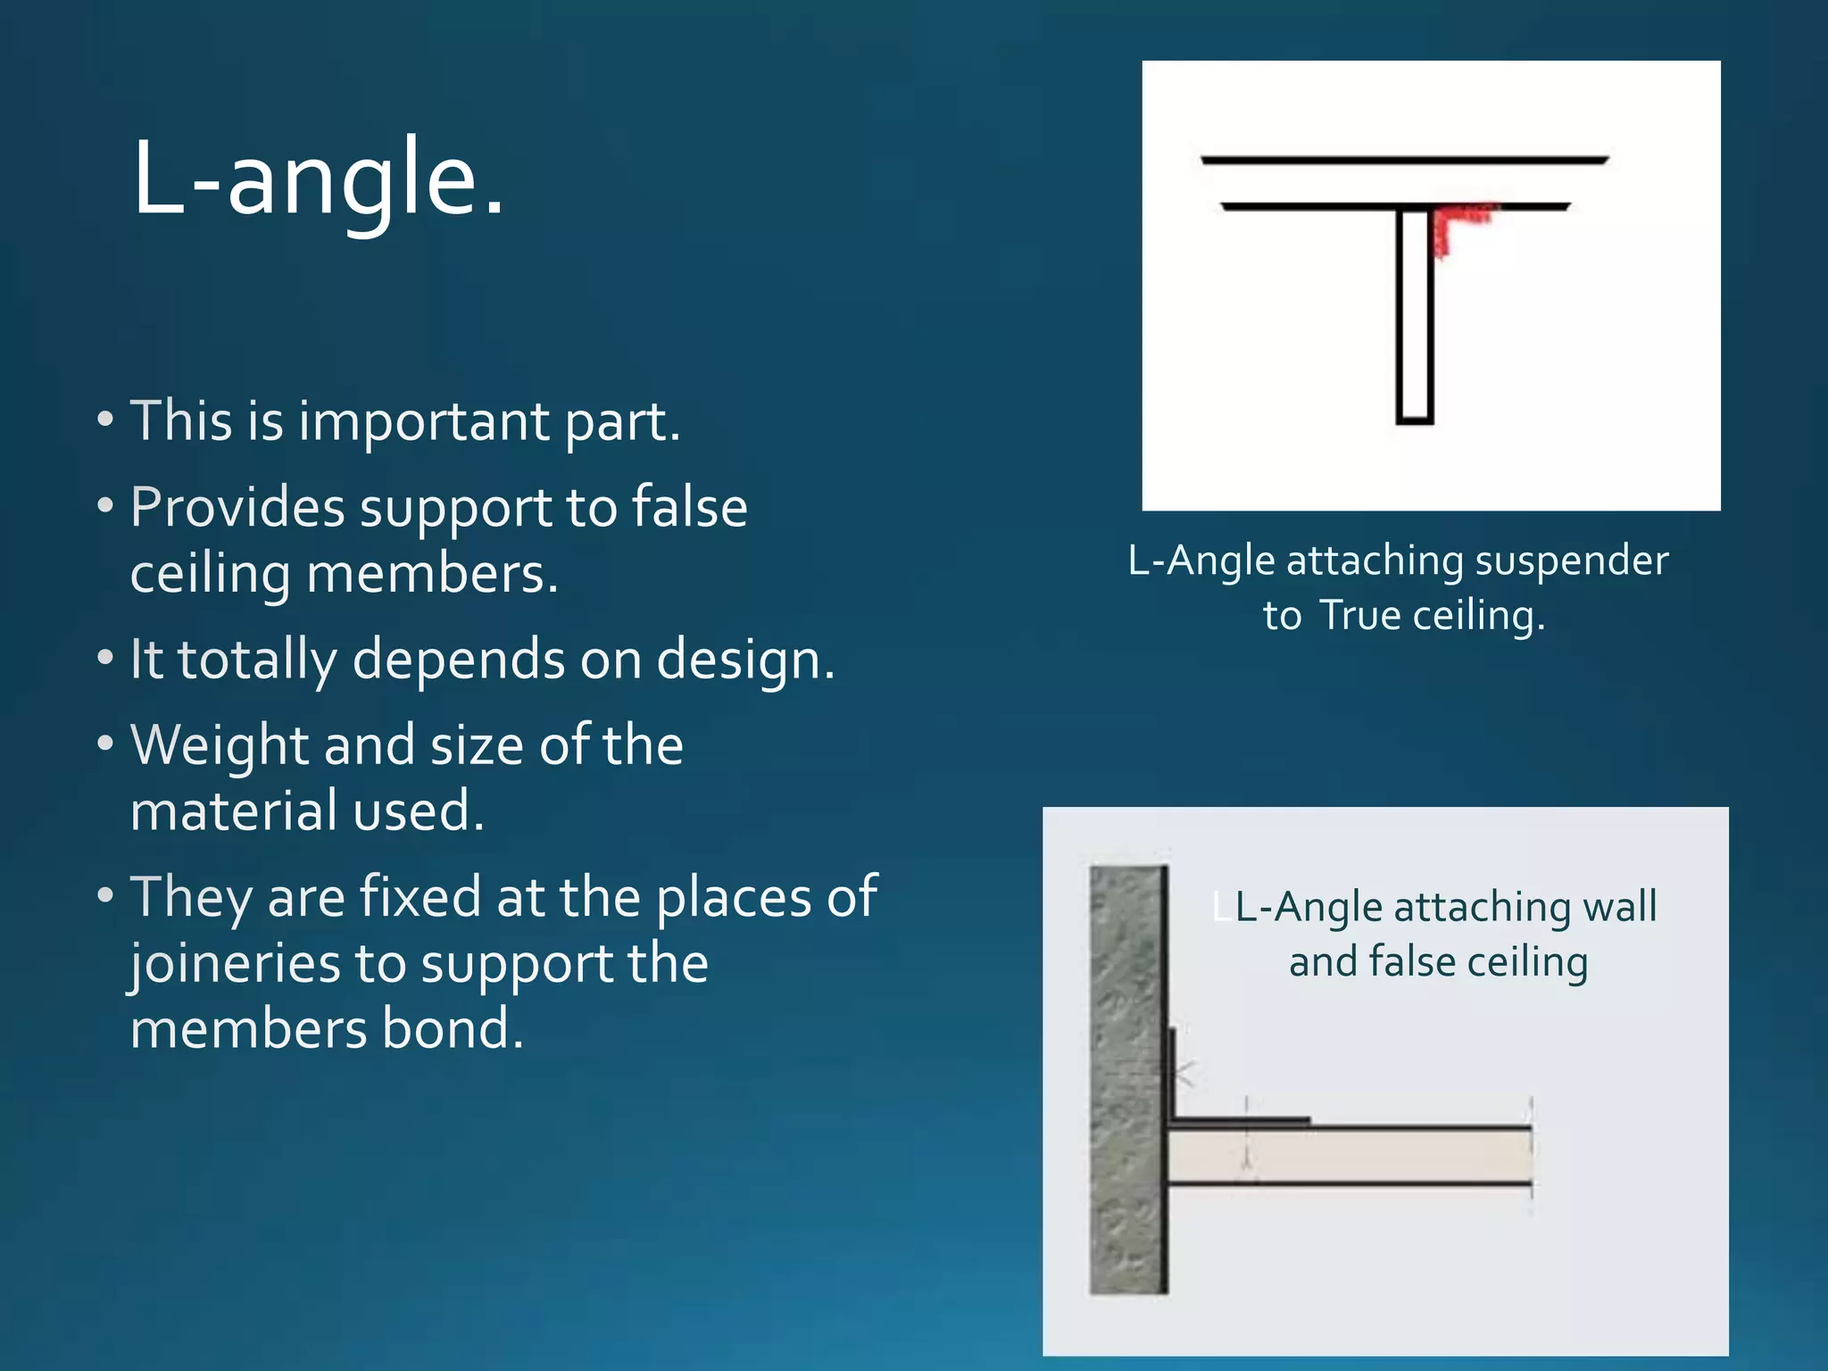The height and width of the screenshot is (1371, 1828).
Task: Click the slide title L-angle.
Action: pyautogui.click(x=318, y=179)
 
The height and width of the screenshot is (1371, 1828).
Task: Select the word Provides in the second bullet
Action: pyautogui.click(x=237, y=508)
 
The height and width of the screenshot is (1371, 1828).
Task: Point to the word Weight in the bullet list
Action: pyautogui.click(x=219, y=745)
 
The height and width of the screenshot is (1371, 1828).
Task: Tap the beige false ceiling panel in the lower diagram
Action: pyautogui.click(x=1348, y=1158)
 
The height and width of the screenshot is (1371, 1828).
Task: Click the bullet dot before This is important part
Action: pyautogui.click(x=105, y=420)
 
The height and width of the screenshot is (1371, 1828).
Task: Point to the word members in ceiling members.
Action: pyautogui.click(x=432, y=574)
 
